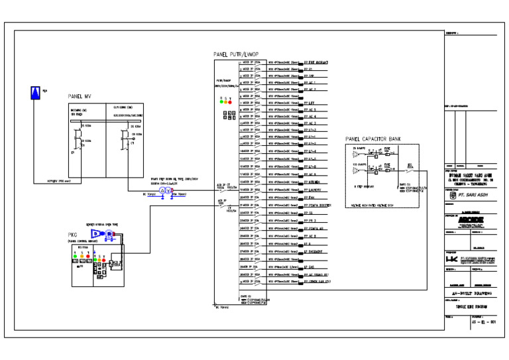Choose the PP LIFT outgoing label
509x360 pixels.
[x=309, y=103]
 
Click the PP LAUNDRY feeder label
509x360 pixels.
[x=313, y=190]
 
